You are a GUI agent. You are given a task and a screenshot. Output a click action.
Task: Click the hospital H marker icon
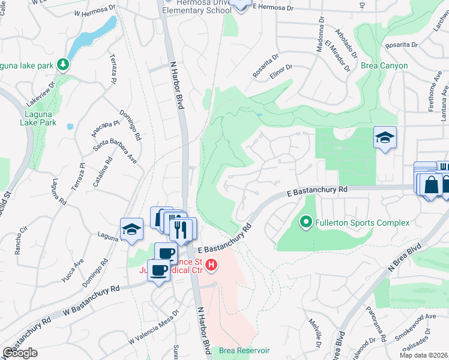(211, 265)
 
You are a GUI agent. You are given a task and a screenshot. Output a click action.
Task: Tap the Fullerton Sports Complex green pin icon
(306, 223)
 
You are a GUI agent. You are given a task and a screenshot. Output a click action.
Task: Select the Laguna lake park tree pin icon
(63, 64)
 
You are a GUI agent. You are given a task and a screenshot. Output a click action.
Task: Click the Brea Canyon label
(384, 66)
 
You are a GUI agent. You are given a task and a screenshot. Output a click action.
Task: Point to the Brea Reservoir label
(244, 350)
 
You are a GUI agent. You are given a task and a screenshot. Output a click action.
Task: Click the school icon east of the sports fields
(384, 138)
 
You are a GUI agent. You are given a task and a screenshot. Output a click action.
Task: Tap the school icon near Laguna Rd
(131, 229)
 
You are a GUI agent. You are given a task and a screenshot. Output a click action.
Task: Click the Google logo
(20, 353)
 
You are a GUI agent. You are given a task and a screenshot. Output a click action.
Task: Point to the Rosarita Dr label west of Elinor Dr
(266, 67)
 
